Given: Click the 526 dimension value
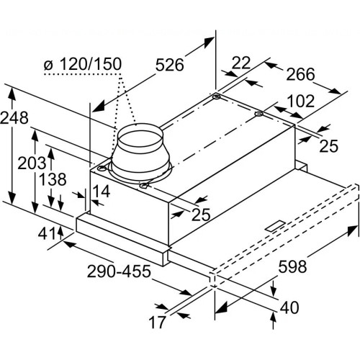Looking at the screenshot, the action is point(170,65).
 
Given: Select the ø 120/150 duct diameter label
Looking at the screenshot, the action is point(83,64).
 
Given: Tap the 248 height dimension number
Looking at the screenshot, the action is point(14,118).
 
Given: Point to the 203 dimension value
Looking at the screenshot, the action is point(32,163).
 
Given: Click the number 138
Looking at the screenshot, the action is point(53,179).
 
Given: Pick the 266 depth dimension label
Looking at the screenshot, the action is point(300,74).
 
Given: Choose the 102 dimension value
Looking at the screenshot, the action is point(301,102).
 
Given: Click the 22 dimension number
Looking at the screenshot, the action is point(241,63).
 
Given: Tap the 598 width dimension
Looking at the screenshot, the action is point(292,266).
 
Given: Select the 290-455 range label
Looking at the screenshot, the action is point(119,271).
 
